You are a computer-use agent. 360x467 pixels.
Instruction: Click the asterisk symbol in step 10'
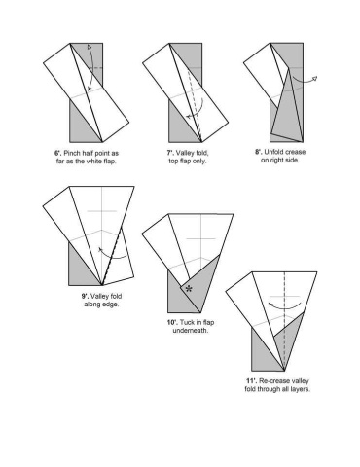point(188,289)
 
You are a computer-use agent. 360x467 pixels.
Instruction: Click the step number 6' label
point(57,153)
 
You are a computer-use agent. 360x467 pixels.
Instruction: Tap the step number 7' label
point(170,153)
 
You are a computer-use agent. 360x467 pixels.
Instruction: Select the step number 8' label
point(259,152)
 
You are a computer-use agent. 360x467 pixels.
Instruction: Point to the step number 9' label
point(85,296)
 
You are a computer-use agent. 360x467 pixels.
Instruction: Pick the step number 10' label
point(172,322)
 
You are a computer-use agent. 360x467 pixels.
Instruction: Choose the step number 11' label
point(251,380)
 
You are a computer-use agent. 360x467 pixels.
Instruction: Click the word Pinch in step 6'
point(72,153)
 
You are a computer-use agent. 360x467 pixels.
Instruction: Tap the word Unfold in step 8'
point(274,152)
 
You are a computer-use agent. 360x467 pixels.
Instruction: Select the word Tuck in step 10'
point(186,322)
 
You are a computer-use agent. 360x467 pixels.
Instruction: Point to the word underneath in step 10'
point(190,331)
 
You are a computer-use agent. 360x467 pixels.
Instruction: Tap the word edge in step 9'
point(111,305)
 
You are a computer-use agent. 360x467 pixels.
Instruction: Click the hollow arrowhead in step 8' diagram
point(314,79)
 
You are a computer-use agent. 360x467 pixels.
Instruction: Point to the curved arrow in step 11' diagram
point(285,306)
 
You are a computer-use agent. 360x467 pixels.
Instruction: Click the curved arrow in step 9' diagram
point(114,258)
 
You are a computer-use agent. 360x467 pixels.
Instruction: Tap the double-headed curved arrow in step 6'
point(92,68)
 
